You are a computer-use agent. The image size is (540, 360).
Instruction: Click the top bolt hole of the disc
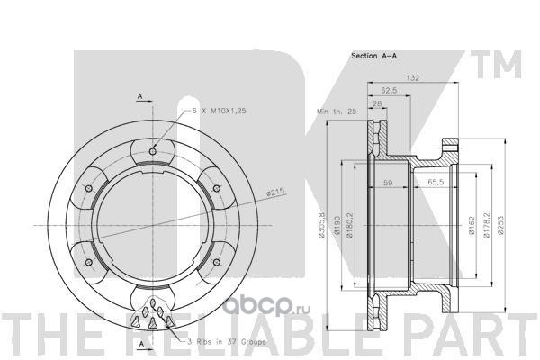click(x=154, y=149)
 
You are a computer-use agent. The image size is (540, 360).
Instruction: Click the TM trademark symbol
click(x=508, y=63)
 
